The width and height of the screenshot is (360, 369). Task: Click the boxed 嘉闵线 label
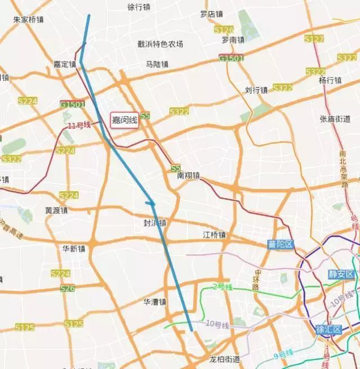tap(124, 120)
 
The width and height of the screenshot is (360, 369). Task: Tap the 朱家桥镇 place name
tap(29, 19)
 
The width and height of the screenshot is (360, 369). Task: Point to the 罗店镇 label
tap(211, 14)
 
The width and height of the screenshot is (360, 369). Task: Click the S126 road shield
tap(224, 29)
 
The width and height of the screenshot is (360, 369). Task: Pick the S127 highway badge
tap(314, 39)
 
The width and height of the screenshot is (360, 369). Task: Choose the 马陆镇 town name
tap(157, 64)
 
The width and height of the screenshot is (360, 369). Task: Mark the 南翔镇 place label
tap(188, 175)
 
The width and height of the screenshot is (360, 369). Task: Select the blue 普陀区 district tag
tap(281, 244)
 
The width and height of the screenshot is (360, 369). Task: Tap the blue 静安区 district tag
tap(342, 274)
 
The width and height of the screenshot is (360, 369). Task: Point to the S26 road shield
tap(67, 289)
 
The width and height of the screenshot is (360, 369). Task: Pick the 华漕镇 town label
tap(155, 302)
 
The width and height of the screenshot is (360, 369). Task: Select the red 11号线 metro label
tap(79, 125)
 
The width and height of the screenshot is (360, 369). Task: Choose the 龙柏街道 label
tap(224, 359)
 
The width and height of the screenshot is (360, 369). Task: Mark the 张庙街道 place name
tap(335, 119)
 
